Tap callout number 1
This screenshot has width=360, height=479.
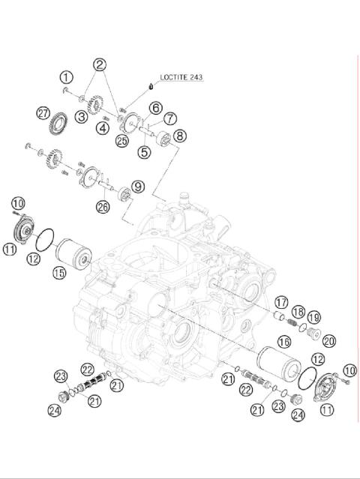67,76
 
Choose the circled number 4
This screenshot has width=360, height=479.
102,128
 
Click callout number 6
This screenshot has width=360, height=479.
154,108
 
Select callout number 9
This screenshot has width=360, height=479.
137,186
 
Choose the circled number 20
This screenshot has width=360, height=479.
329,341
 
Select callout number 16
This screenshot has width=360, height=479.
284,342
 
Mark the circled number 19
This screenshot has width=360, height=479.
313,316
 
